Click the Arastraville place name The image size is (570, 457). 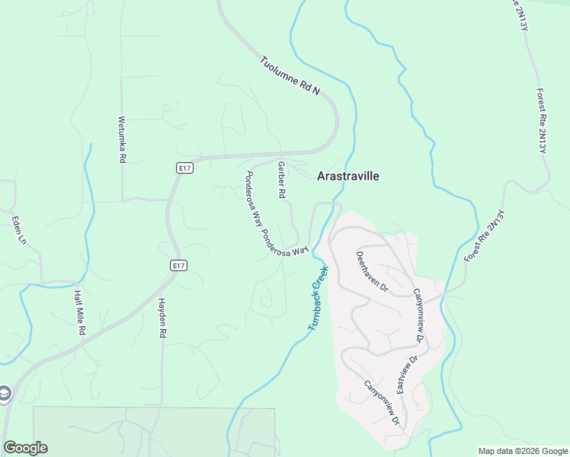click(347, 176)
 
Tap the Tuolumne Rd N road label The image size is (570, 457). click(289, 76)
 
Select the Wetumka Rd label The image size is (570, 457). click(121, 139)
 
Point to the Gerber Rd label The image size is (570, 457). click(281, 181)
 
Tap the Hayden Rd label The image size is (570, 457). click(162, 318)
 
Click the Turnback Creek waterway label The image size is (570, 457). click(319, 298)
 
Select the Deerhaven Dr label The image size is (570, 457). click(373, 273)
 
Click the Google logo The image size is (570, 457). click(25, 448)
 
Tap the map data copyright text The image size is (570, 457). click(523, 451)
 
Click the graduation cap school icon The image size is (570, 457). click(4, 394)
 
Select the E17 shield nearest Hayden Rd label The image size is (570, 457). click(178, 265)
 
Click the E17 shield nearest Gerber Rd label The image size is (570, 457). click(184, 168)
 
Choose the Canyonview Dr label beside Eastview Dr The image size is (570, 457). click(418, 315)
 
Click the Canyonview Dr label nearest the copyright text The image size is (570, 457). click(381, 402)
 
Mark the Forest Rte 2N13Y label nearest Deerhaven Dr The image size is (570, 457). click(485, 236)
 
